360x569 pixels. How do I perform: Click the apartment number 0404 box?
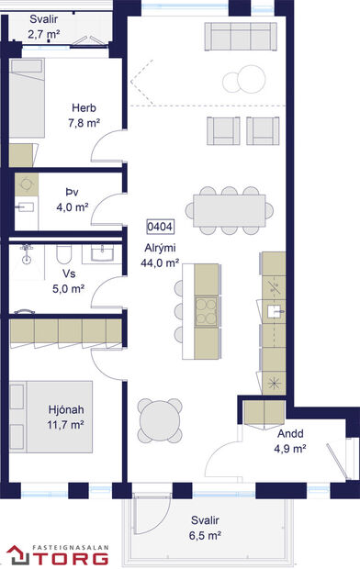(161, 226)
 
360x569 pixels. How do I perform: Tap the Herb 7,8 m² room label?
(83, 115)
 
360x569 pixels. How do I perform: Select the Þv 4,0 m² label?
(72, 200)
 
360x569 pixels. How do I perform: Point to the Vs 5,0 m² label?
(69, 280)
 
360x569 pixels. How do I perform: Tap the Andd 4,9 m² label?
(289, 441)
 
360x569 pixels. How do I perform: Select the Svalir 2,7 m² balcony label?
(43, 27)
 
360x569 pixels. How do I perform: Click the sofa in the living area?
(240, 38)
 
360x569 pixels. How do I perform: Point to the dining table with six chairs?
(231, 209)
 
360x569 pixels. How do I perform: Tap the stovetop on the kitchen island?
(206, 307)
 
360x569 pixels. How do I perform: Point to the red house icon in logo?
(17, 554)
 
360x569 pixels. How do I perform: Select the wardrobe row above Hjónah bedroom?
(66, 332)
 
